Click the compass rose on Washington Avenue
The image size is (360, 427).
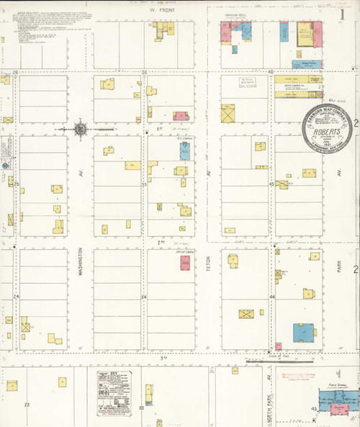(x=81, y=130)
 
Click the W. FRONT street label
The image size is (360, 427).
(x=157, y=12)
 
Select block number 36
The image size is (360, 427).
(x=144, y=72)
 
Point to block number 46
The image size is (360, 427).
(x=271, y=72)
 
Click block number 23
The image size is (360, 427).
(x=27, y=405)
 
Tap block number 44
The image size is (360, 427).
(x=272, y=297)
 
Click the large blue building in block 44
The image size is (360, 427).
(x=304, y=332)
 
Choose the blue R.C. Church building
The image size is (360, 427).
(x=184, y=150)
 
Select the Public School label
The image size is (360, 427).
(x=336, y=386)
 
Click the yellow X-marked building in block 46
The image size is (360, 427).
(x=228, y=114)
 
